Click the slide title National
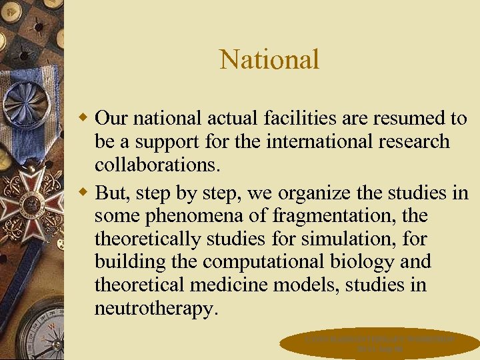pos(269,59)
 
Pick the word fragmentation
pos(322,216)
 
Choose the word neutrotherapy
pos(156,309)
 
